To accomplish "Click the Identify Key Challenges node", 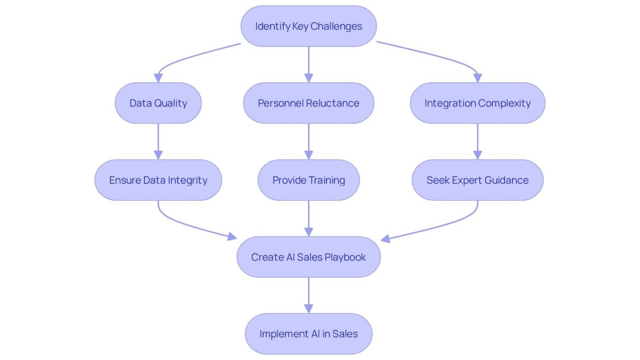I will pyautogui.click(x=308, y=26).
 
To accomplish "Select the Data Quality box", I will pyautogui.click(x=158, y=103).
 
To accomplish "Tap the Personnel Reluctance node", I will pyautogui.click(x=308, y=103).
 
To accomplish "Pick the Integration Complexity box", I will pyautogui.click(x=477, y=103).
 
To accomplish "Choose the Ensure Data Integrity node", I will pyautogui.click(x=158, y=180).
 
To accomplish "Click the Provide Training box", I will pyautogui.click(x=308, y=180).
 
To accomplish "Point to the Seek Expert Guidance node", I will pyautogui.click(x=477, y=180).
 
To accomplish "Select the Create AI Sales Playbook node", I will pyautogui.click(x=308, y=257).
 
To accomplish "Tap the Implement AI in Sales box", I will pyautogui.click(x=308, y=334).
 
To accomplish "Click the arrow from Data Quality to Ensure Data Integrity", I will pyautogui.click(x=158, y=141).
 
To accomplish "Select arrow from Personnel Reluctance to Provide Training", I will pyautogui.click(x=308, y=141).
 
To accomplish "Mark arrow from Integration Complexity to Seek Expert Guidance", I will pyautogui.click(x=477, y=141).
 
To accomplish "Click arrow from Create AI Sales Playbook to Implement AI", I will pyautogui.click(x=308, y=295).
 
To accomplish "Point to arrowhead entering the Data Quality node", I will pyautogui.click(x=158, y=78).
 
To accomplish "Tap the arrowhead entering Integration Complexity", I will pyautogui.click(x=477, y=78).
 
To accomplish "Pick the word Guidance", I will pyautogui.click(x=507, y=180).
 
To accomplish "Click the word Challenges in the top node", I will pyautogui.click(x=336, y=26).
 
